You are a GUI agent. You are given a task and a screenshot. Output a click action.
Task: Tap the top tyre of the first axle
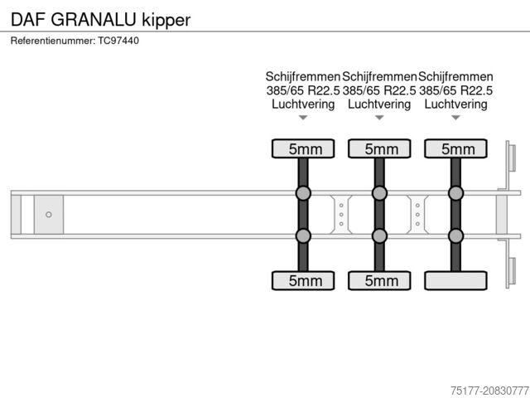(x=303, y=149)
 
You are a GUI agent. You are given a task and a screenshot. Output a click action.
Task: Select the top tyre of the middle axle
(x=379, y=149)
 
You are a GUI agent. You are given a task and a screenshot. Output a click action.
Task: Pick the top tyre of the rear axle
(x=455, y=149)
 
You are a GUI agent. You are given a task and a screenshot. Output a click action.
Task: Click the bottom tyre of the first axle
(x=303, y=280)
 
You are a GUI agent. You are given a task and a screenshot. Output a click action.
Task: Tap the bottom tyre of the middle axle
(x=379, y=280)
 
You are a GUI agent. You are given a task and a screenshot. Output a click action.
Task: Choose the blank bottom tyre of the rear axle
(x=455, y=280)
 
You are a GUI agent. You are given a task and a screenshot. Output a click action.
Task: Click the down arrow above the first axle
(x=303, y=118)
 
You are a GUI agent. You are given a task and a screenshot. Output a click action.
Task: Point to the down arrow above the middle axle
(x=379, y=118)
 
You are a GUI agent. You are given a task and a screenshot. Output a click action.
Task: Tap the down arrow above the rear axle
(x=455, y=118)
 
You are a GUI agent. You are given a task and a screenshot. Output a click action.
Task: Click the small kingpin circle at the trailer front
(x=49, y=215)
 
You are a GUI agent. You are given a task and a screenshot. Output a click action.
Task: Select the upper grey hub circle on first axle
(x=303, y=194)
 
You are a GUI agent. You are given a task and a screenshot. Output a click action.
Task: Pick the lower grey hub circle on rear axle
(x=455, y=235)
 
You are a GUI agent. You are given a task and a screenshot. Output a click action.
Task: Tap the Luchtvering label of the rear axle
(x=455, y=104)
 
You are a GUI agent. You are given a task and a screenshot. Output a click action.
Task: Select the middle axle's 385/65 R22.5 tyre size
(x=379, y=90)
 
